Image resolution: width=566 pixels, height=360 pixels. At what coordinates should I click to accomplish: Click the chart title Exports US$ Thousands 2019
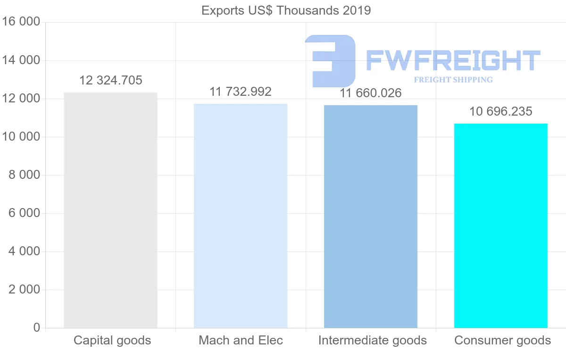click(x=286, y=10)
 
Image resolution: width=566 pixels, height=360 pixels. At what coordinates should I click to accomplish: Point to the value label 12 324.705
click(x=110, y=81)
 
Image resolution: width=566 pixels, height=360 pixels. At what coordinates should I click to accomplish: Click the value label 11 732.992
click(x=241, y=92)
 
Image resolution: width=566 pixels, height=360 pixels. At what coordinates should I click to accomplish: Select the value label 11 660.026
click(x=371, y=93)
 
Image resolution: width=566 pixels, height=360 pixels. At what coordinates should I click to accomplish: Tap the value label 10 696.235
click(x=501, y=112)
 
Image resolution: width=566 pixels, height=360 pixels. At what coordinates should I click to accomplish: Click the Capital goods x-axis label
click(x=112, y=340)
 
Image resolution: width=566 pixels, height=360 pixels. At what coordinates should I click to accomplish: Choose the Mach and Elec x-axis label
click(x=241, y=340)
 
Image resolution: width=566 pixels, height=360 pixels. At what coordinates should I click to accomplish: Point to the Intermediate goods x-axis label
click(x=372, y=340)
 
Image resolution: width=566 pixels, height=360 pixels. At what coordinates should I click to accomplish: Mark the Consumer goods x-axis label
click(x=502, y=340)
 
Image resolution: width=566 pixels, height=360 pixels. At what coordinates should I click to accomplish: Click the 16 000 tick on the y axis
click(x=21, y=22)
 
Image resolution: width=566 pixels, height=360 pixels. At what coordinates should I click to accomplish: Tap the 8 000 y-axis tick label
click(x=24, y=175)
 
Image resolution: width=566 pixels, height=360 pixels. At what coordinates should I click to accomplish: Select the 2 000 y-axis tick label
click(x=24, y=290)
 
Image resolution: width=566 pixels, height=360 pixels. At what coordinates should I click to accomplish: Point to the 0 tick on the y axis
click(x=37, y=328)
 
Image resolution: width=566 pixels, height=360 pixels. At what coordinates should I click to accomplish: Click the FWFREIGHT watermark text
click(x=453, y=61)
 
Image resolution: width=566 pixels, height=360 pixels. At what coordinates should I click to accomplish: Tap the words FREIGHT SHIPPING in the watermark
click(x=453, y=80)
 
